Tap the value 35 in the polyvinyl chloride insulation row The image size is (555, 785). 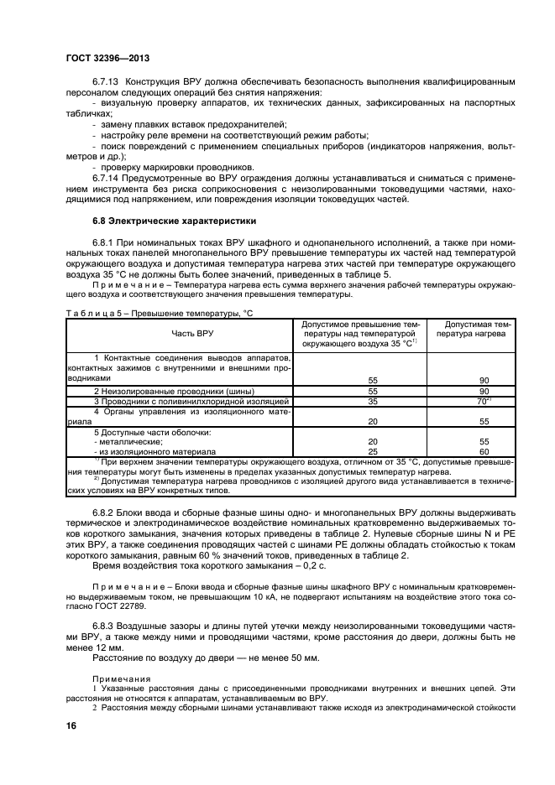click(373, 402)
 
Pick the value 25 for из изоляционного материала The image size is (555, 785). click(373, 450)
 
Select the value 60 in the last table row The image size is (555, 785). click(484, 450)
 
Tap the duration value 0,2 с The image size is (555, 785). click(274, 564)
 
